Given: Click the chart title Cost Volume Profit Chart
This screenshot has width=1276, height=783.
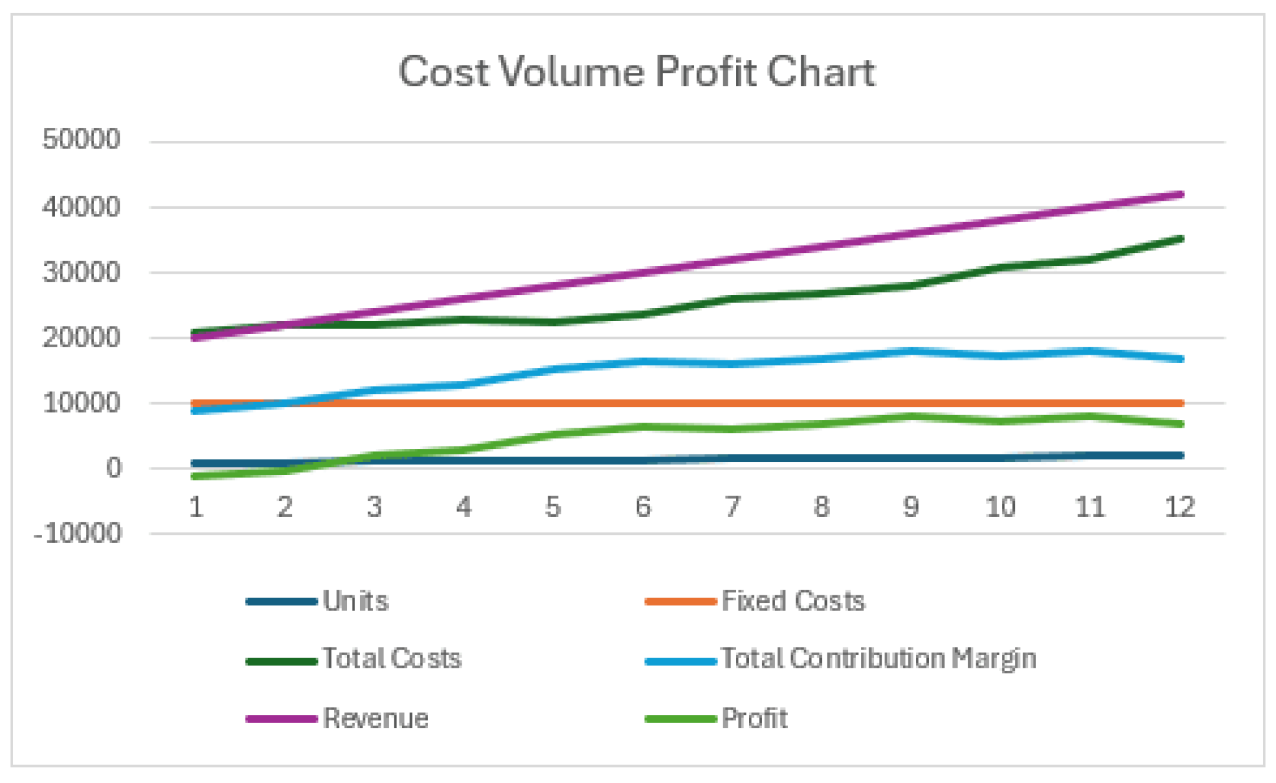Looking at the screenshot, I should coord(637,72).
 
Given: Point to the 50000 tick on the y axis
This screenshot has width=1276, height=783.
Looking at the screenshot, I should coord(81,139).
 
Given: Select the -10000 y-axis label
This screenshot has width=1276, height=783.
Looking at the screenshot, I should coord(78,534).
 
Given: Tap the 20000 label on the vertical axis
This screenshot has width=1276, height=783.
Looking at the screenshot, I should coord(81,338).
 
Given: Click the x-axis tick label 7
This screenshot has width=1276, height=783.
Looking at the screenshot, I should coord(732,507).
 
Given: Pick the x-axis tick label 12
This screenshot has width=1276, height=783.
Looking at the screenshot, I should coord(1179,507).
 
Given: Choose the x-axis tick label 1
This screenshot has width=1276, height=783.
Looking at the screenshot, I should coord(196,507).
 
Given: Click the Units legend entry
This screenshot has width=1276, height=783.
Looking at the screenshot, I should coord(355,601).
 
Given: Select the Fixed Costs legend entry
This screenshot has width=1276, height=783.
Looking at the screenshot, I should coord(793,601).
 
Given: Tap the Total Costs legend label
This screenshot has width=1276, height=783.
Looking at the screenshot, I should coord(391,659).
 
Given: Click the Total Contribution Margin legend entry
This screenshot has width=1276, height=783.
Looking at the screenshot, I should coord(878,659).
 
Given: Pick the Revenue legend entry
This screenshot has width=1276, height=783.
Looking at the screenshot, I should coord(376,718).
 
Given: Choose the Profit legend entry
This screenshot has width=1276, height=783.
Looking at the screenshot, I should coord(755,718).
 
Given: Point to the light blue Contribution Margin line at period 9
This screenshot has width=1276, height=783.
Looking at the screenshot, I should coord(911,352).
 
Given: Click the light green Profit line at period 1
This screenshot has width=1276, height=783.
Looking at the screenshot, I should coord(196,476).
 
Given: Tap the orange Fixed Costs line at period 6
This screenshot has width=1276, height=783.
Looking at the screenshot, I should coord(643,403).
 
